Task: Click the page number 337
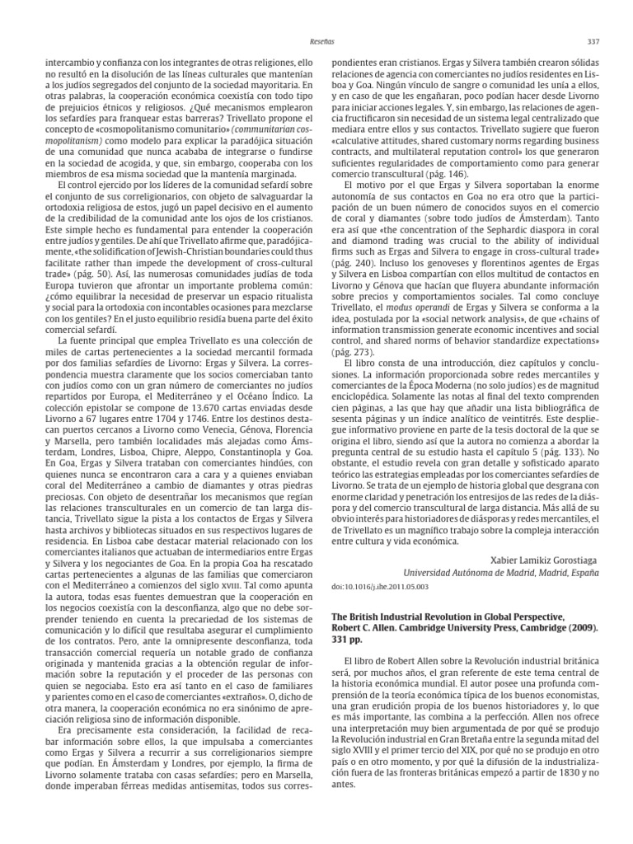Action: (593, 41)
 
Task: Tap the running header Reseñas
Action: (317, 41)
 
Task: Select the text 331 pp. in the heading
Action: (348, 640)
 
